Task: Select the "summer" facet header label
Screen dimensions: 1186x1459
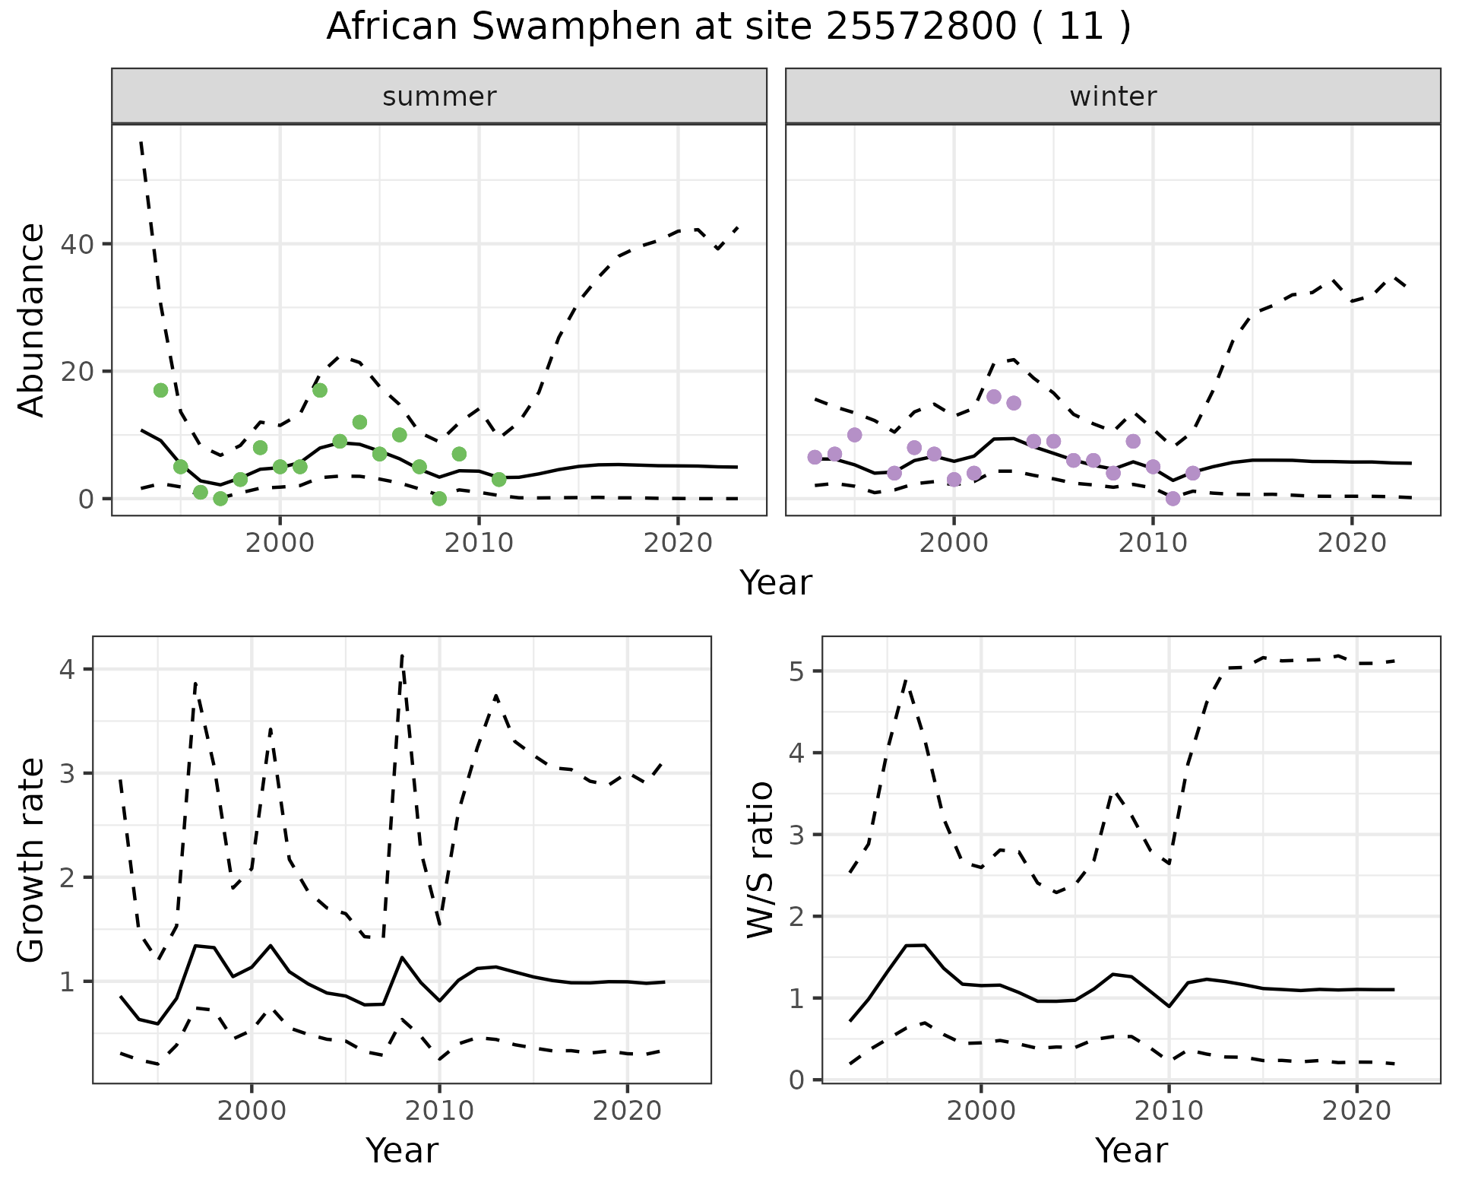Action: click(x=439, y=97)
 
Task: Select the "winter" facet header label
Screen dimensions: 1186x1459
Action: click(x=1112, y=97)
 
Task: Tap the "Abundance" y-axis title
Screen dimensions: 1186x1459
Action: click(x=32, y=319)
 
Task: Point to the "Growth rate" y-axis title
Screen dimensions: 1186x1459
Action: click(x=32, y=860)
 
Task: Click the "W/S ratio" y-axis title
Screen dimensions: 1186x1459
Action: click(x=761, y=860)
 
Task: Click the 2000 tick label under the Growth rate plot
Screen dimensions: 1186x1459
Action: click(x=252, y=1111)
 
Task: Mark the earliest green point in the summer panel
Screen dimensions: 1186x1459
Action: click(x=160, y=390)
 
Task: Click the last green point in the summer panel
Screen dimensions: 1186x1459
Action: click(x=498, y=480)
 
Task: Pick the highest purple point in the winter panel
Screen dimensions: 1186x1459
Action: click(x=993, y=396)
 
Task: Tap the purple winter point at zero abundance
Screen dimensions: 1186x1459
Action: click(x=1173, y=499)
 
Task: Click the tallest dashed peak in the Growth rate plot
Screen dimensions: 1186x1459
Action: click(x=401, y=655)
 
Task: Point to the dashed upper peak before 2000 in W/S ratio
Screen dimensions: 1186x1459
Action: click(x=906, y=680)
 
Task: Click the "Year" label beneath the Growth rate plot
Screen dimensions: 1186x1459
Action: click(x=401, y=1150)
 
